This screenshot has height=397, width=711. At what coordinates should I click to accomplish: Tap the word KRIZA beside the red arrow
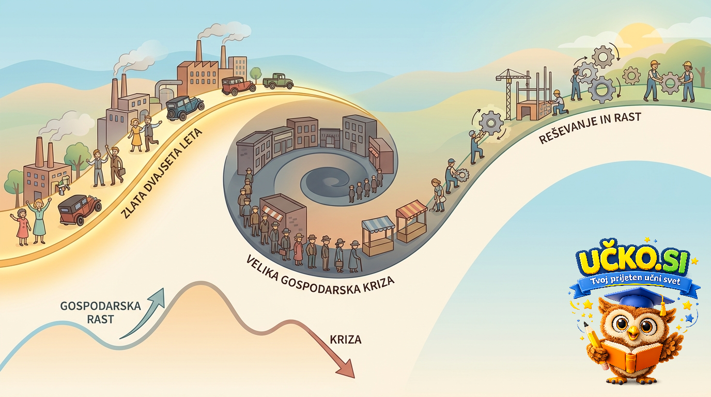(345, 340)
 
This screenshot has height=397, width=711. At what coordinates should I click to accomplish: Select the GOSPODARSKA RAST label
(100, 313)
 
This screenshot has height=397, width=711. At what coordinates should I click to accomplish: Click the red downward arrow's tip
(354, 378)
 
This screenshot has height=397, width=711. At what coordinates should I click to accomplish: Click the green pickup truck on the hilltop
(278, 81)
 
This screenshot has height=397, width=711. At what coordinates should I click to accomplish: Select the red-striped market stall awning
(411, 210)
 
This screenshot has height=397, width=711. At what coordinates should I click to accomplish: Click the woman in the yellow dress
(136, 135)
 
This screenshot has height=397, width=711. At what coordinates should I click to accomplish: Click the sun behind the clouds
(638, 37)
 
